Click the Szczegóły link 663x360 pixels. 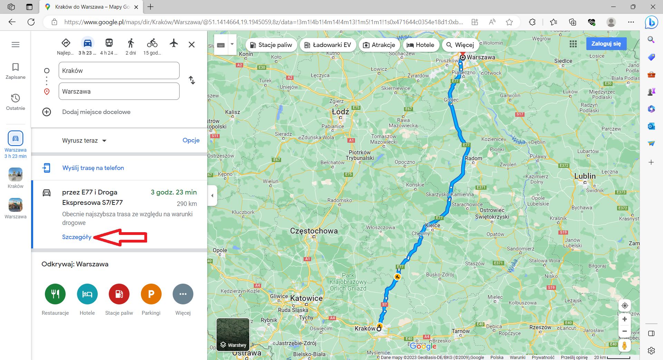pyautogui.click(x=77, y=237)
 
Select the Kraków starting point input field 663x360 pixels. pyautogui.click(x=119, y=70)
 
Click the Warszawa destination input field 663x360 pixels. pyautogui.click(x=119, y=91)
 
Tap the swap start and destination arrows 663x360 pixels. pyautogui.click(x=192, y=80)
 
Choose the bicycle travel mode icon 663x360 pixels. pyautogui.click(x=152, y=43)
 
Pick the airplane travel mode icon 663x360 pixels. pyautogui.click(x=174, y=43)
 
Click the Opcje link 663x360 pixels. pyautogui.click(x=191, y=140)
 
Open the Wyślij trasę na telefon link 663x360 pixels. pyautogui.click(x=93, y=168)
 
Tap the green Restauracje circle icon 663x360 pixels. pyautogui.click(x=55, y=294)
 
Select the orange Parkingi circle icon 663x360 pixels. pyautogui.click(x=151, y=294)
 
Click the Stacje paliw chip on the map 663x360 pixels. pyautogui.click(x=271, y=45)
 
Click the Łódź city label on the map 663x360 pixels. pyautogui.click(x=340, y=112)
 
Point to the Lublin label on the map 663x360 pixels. pyautogui.click(x=585, y=176)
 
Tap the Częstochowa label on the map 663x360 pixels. pyautogui.click(x=314, y=231)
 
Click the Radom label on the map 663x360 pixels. pyautogui.click(x=473, y=159)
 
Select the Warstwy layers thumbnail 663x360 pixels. pyautogui.click(x=233, y=334)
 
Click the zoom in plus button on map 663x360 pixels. pyautogui.click(x=624, y=319)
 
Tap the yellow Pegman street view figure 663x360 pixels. pyautogui.click(x=624, y=345)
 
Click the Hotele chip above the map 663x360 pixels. pyautogui.click(x=420, y=45)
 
